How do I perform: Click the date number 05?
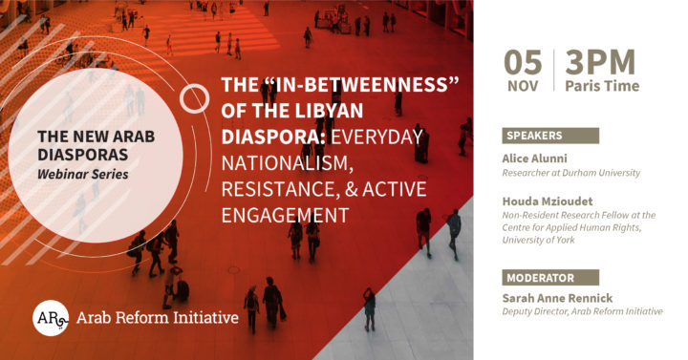524,64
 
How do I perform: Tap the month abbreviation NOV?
524,87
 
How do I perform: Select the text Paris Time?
602,87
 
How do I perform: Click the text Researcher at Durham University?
571,173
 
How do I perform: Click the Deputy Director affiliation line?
582,312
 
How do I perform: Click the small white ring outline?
195,97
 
